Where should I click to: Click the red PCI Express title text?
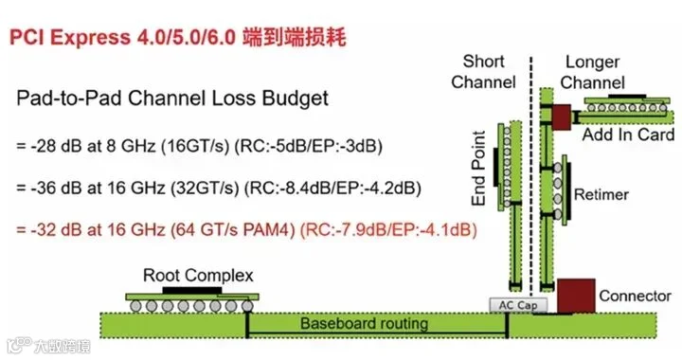tap(177, 37)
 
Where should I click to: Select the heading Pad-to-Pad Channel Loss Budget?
tap(172, 99)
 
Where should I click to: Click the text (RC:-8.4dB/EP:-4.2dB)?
tap(332, 189)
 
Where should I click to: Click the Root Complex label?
tap(198, 276)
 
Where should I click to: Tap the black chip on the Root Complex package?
tap(191, 291)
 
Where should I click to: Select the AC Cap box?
tap(518, 305)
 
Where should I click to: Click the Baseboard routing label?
tap(364, 323)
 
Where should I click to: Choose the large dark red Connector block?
tap(576, 296)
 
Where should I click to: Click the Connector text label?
tap(635, 297)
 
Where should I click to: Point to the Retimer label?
tap(601, 194)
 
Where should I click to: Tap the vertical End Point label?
tap(478, 169)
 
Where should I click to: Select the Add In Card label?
tap(628, 135)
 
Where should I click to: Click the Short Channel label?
tap(483, 72)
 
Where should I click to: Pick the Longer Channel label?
tap(592, 72)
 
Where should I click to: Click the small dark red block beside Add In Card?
tap(561, 117)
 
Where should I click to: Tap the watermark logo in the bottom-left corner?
tap(49, 346)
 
